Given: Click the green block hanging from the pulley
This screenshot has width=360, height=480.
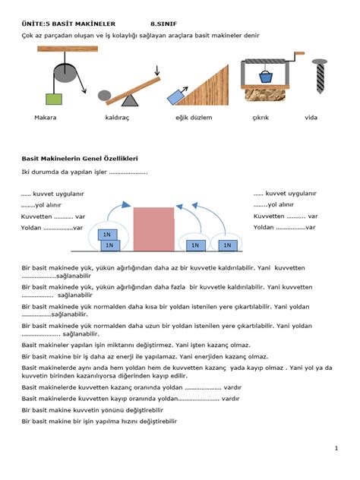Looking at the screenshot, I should coord(52,98).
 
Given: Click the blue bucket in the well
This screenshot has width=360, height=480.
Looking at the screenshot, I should coord(266,77).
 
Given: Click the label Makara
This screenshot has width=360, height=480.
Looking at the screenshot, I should coord(45,118).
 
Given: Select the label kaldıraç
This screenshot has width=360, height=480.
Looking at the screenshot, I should coord(118,118).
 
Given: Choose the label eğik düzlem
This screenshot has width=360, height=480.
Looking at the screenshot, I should coord(194,118).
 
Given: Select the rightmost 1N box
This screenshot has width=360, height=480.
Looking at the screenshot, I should coord(226,245).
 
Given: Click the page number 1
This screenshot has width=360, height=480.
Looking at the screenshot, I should coord(335,449).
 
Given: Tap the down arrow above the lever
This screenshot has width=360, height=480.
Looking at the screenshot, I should coord(156,71).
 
